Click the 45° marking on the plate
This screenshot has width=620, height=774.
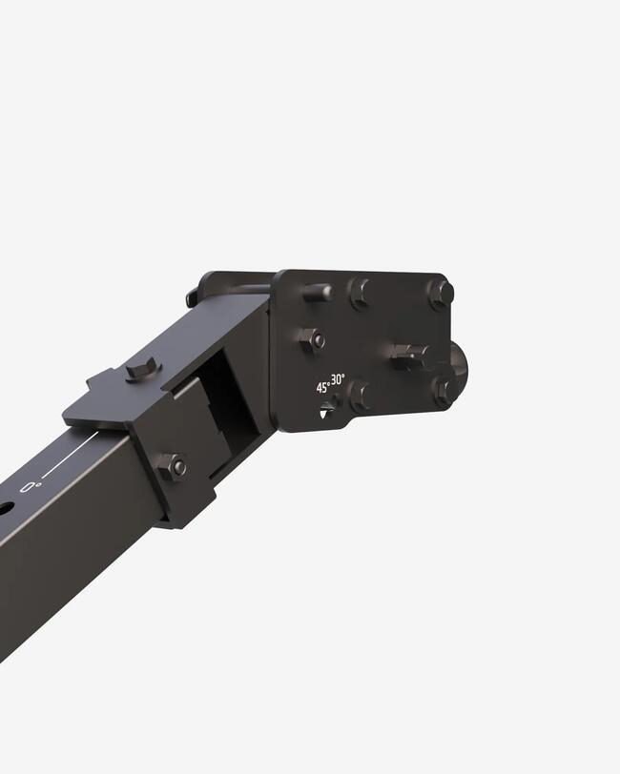coord(323,388)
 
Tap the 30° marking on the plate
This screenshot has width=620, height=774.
coord(339,380)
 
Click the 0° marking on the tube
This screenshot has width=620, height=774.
coord(31,487)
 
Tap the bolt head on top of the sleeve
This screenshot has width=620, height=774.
coord(144,369)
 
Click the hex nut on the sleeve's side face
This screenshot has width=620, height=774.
coord(173,465)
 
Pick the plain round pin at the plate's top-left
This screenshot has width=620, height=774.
coord(316,293)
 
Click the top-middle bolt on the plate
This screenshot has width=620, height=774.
coord(360,294)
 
